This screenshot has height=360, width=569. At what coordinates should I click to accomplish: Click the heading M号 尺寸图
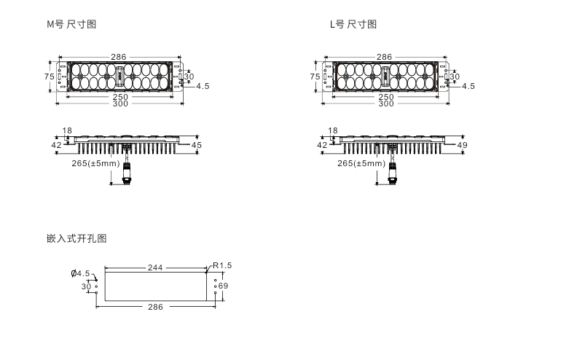point(71,25)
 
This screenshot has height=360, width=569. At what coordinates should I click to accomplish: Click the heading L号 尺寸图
point(353,25)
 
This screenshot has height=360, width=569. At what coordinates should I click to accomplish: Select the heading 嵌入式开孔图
point(76,238)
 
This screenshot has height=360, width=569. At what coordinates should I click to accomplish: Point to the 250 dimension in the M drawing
point(120,97)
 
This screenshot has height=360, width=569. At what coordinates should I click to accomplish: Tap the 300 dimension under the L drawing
point(385,103)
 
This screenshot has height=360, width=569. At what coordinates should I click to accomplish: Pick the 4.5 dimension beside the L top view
point(468,86)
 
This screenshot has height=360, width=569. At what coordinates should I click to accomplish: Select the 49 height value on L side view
point(461,145)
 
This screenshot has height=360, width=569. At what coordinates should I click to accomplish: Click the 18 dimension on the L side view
point(333,131)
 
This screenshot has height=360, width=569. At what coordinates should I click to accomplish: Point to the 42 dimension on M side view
point(56,145)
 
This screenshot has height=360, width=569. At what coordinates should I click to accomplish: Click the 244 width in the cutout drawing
point(154,267)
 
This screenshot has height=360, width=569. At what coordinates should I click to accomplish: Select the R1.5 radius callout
point(222,265)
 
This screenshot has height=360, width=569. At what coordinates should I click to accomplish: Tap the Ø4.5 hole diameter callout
point(80,274)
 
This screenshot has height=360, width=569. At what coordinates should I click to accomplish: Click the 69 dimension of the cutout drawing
point(223,286)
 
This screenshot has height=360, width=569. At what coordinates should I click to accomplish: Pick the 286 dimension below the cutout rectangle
point(155,307)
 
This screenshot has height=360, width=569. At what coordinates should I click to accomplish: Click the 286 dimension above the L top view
point(384,57)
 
